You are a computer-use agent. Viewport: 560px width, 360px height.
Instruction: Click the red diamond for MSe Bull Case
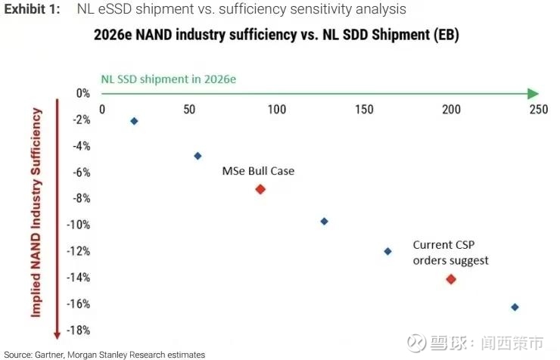click(260, 189)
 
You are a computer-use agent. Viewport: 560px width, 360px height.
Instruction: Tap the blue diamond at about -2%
click(134, 121)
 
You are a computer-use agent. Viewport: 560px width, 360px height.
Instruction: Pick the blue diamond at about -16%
click(515, 307)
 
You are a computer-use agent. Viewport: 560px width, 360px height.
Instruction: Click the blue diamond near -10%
click(324, 222)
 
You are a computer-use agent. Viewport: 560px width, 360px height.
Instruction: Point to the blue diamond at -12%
click(388, 251)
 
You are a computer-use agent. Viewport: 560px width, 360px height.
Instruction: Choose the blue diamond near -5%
click(198, 156)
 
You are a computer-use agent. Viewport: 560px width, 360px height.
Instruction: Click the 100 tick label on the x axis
click(277, 110)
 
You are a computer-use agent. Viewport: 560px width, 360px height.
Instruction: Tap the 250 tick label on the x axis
click(538, 110)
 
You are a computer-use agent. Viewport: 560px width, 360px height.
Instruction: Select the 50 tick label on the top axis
click(190, 110)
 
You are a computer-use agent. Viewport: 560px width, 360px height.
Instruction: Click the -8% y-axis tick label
click(80, 198)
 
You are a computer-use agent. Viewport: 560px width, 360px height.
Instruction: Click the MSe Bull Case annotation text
click(258, 171)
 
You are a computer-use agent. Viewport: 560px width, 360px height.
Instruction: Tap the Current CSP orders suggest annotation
click(450, 253)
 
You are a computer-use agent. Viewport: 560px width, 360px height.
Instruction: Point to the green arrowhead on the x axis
click(533, 93)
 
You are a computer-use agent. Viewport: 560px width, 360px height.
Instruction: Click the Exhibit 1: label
click(32, 10)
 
